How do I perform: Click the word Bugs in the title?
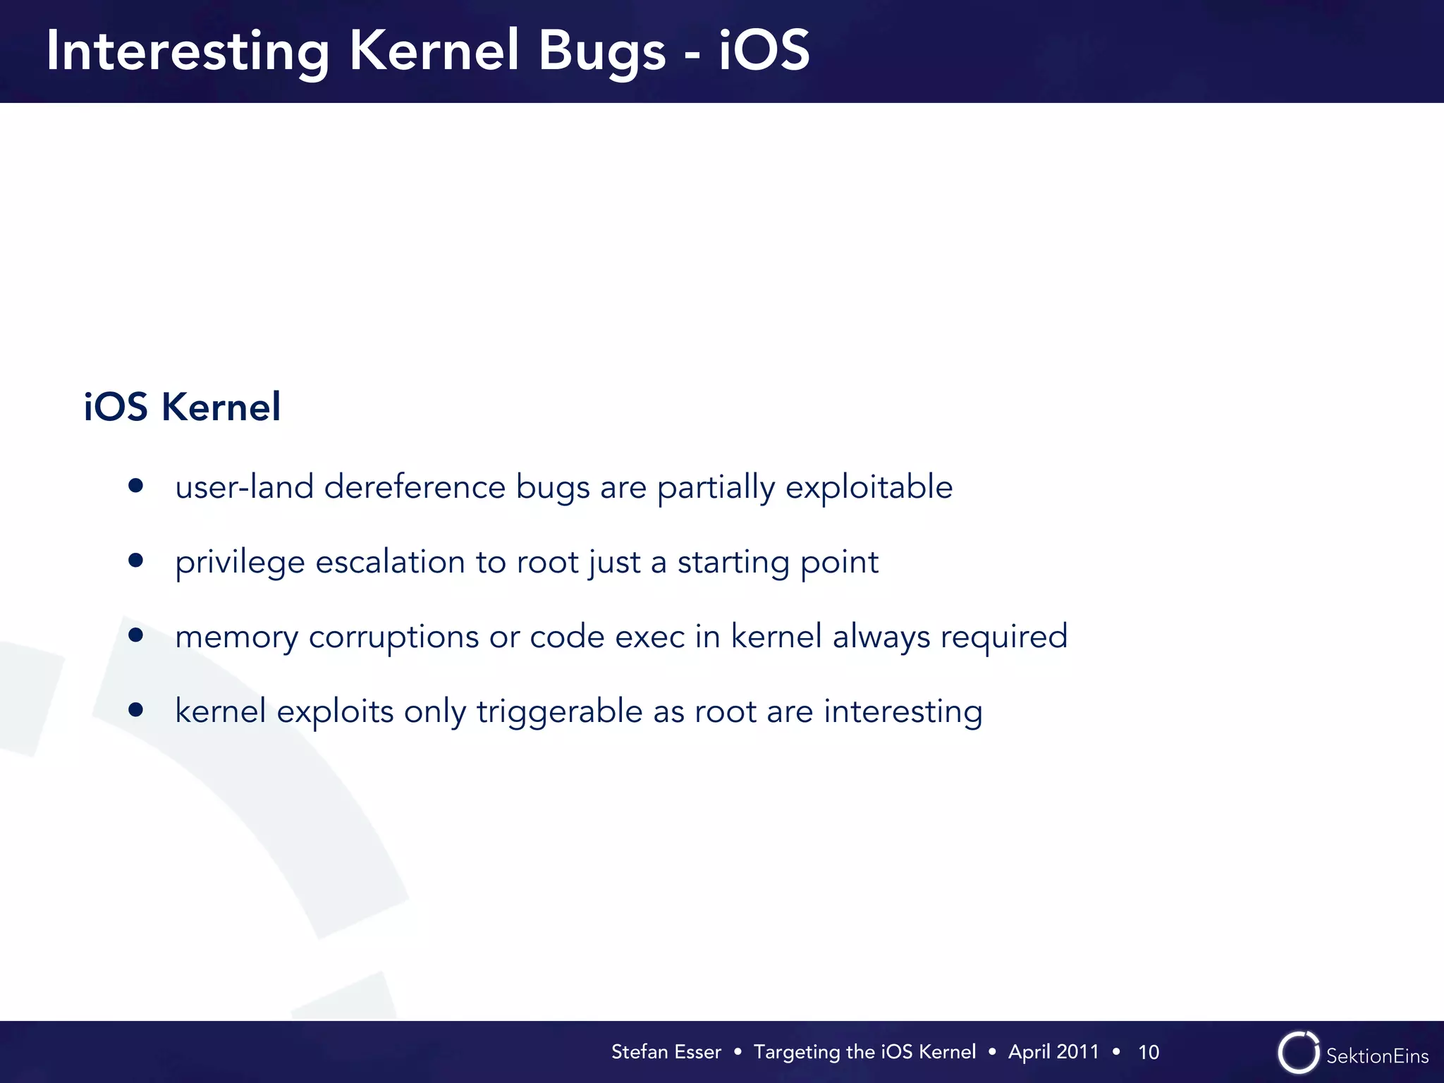(x=601, y=51)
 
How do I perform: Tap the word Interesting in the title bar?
(x=188, y=51)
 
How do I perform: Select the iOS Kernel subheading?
(x=182, y=407)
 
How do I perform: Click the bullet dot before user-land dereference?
(x=136, y=486)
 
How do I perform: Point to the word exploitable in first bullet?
(x=869, y=487)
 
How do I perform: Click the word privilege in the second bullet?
(x=240, y=563)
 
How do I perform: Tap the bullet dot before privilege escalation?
(x=136, y=561)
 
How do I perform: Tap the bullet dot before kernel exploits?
(x=136, y=710)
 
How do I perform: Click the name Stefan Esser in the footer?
(x=666, y=1052)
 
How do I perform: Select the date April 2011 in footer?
(x=1053, y=1052)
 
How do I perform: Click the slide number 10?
(x=1148, y=1053)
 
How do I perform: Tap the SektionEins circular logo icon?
(x=1298, y=1053)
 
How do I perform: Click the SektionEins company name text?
(x=1377, y=1056)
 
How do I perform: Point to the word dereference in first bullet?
(x=415, y=487)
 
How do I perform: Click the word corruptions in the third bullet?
(x=393, y=637)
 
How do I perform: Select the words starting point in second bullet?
(x=778, y=563)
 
